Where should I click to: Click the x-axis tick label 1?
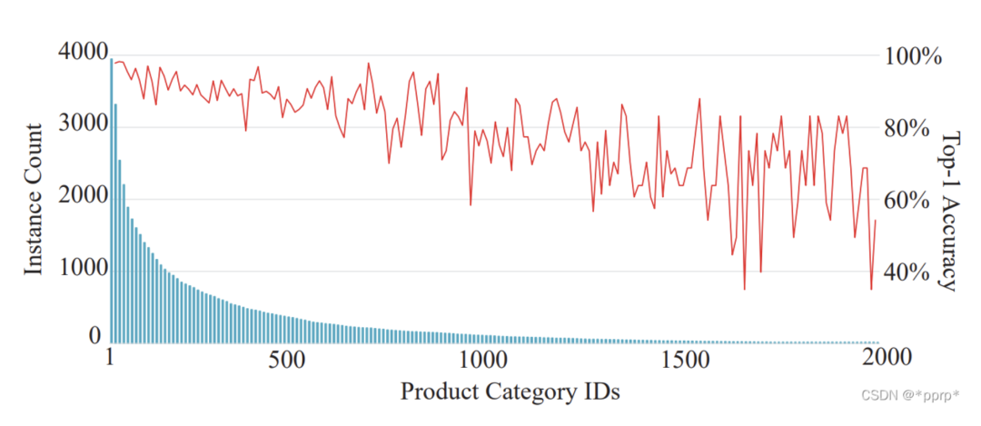click(111, 359)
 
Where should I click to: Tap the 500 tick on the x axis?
click(293, 359)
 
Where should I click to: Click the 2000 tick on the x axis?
click(880, 359)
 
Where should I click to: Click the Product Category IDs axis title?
click(510, 392)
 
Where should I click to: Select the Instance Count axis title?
click(34, 198)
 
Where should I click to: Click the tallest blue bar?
click(112, 200)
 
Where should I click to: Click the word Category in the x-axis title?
click(523, 393)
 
